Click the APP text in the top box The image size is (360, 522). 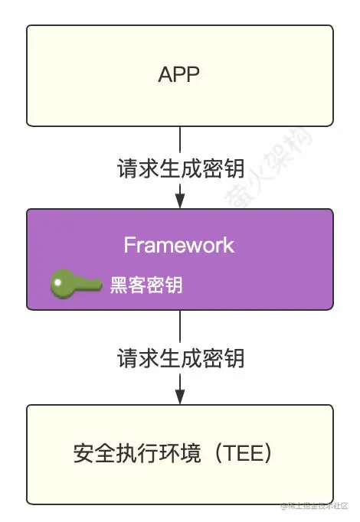[x=179, y=74]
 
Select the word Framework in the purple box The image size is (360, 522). [x=179, y=245]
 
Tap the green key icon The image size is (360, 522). [x=75, y=285]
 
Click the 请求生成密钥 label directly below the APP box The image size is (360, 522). [x=180, y=168]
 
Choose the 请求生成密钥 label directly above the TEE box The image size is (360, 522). [x=180, y=357]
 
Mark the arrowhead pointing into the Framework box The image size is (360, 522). [x=180, y=201]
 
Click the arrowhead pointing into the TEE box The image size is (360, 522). [x=180, y=397]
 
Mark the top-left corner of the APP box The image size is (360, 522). [x=28, y=26]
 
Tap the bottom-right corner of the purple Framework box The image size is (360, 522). [x=332, y=308]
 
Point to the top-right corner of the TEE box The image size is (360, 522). [x=332, y=406]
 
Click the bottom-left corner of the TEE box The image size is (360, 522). [x=28, y=503]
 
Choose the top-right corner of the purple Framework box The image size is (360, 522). [x=332, y=210]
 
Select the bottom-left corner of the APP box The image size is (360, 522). [x=28, y=125]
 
